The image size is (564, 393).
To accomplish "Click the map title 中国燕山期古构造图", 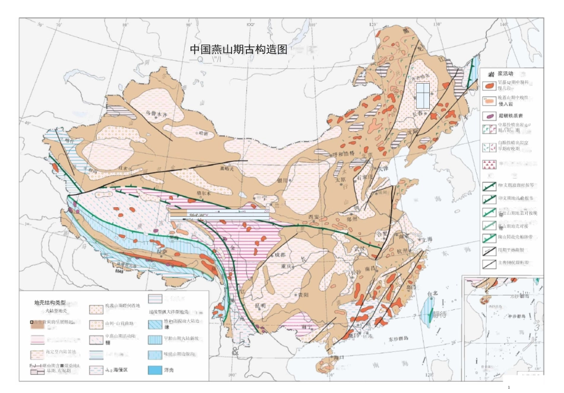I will tap(238, 50).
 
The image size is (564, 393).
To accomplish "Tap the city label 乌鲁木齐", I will tap(157, 112).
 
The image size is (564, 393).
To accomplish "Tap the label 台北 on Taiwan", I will tap(432, 294).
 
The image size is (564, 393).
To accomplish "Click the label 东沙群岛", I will tap(400, 339).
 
